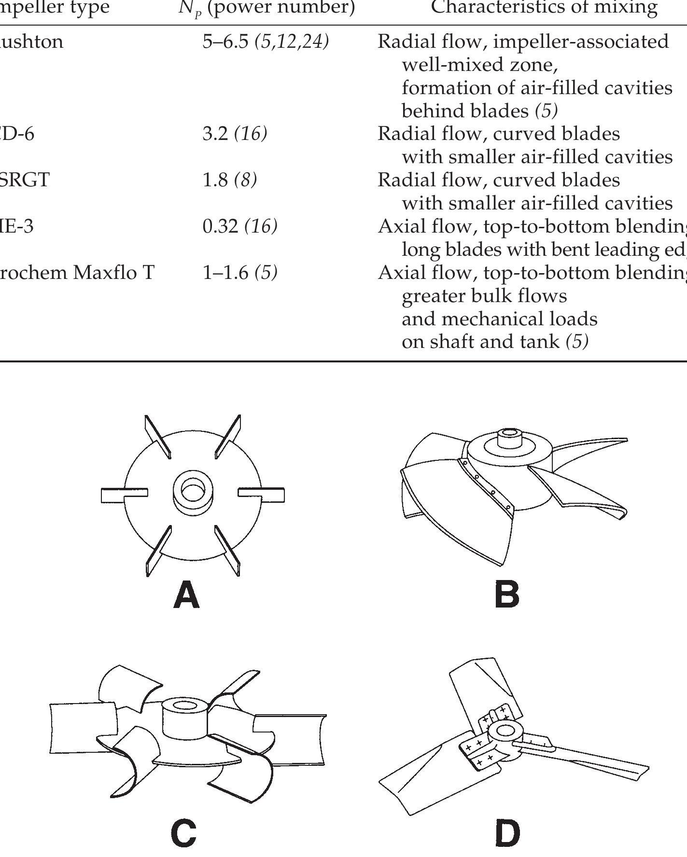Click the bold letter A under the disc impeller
coord(186,595)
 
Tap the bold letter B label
coord(507,594)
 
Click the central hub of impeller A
coord(193,493)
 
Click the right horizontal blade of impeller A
coord(265,495)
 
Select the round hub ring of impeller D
coord(505,732)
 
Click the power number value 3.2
coord(215,134)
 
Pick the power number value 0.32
coord(220,226)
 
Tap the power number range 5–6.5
coord(225,41)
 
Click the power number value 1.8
coord(215,180)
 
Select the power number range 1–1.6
coord(225,273)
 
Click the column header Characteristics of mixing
coord(544,7)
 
